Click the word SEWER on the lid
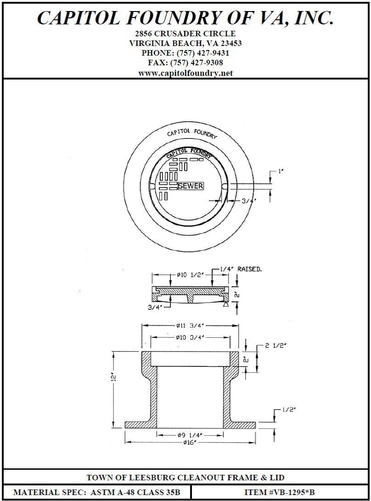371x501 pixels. tap(191, 186)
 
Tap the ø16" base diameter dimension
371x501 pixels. tap(189, 443)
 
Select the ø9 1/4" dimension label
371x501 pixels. tap(190, 434)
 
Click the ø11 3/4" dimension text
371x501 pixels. tap(190, 325)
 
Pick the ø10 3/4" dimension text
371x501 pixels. tap(190, 338)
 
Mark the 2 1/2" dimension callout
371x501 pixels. tap(275, 346)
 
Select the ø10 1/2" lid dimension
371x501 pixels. tap(191, 275)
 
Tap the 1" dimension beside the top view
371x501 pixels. tap(281, 171)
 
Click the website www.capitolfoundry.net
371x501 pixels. tap(185, 73)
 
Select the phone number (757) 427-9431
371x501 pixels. tap(202, 53)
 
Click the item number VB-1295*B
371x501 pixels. tap(292, 492)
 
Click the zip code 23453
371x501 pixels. tap(230, 43)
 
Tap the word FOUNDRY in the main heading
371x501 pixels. tap(178, 17)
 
